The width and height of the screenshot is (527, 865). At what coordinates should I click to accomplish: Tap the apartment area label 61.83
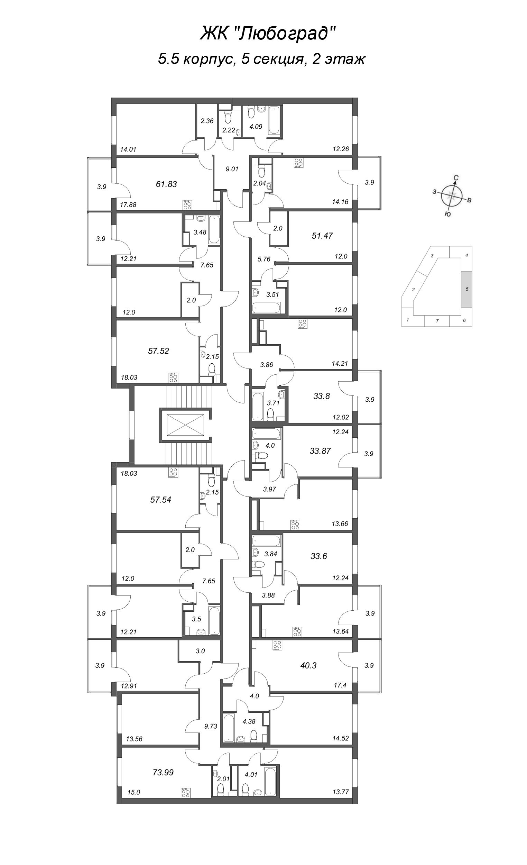click(x=166, y=184)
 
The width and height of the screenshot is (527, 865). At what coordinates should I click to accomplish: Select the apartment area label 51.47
click(x=322, y=236)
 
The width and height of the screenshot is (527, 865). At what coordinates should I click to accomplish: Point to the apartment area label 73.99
click(x=163, y=772)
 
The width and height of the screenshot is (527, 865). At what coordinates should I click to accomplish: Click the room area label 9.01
click(x=232, y=169)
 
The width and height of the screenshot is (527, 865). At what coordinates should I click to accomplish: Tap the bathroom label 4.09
click(x=256, y=126)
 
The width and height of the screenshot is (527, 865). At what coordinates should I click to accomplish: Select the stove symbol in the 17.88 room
click(x=187, y=204)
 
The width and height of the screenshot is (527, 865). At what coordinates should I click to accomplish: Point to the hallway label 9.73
click(x=211, y=726)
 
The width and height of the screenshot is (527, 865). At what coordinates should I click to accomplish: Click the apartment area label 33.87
click(x=320, y=451)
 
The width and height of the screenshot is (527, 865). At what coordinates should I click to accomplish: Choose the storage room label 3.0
click(x=200, y=651)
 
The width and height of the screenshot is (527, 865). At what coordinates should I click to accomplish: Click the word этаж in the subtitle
click(x=345, y=59)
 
